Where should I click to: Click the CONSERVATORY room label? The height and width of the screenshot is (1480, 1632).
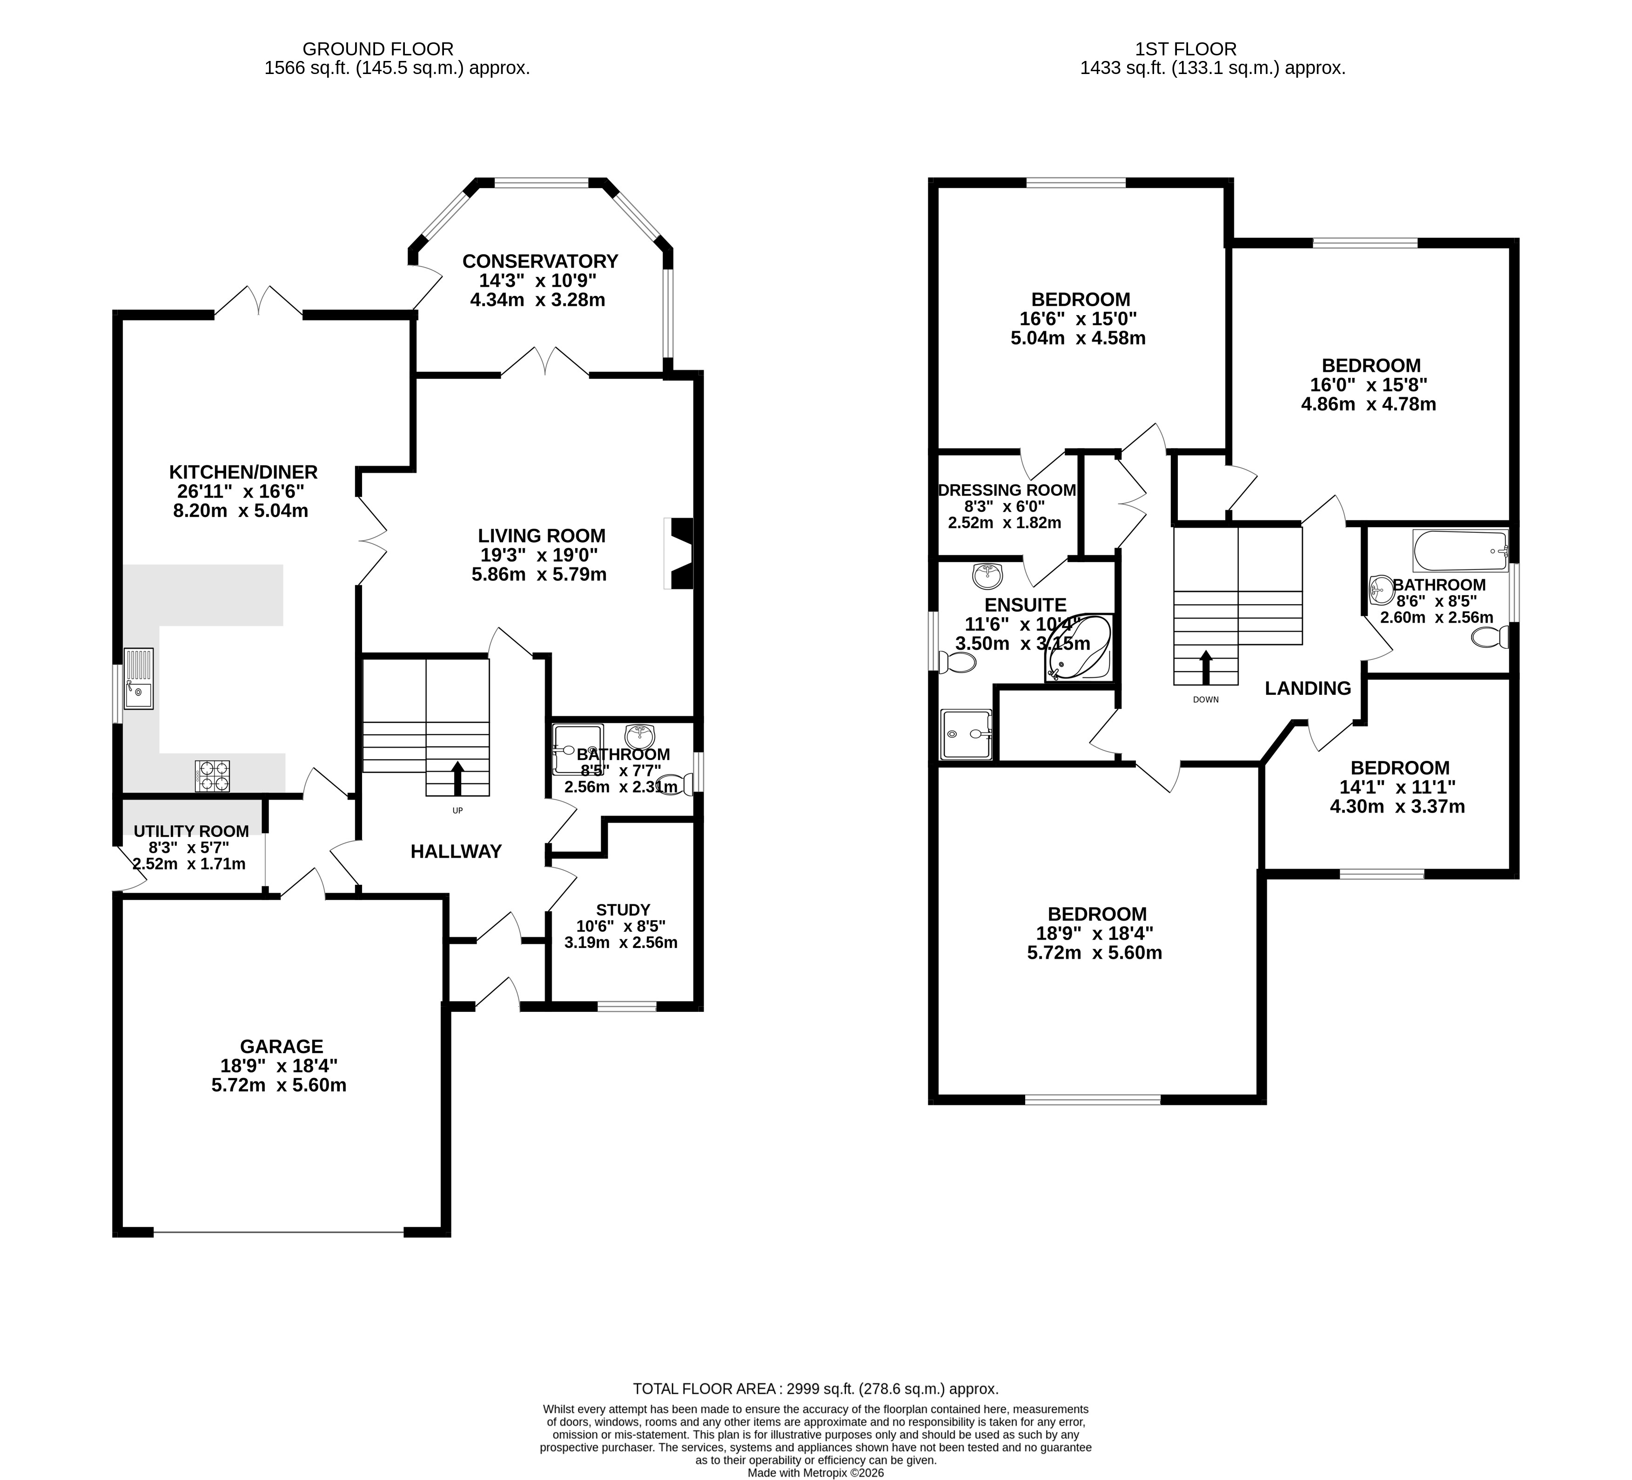[540, 262]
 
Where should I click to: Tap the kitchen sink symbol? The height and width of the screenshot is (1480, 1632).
[138, 679]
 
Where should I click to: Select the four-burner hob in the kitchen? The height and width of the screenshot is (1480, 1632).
[212, 776]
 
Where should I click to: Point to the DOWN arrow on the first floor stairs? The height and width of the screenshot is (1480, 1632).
[1205, 668]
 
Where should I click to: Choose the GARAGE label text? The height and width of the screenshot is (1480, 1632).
[281, 1047]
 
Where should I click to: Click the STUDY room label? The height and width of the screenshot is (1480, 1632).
[623, 910]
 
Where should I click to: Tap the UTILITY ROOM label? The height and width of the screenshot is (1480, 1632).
[191, 832]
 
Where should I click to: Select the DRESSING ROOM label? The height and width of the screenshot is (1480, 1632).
[1007, 490]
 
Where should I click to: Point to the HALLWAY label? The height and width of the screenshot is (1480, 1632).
[456, 851]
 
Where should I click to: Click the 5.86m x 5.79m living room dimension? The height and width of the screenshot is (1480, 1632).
[539, 575]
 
